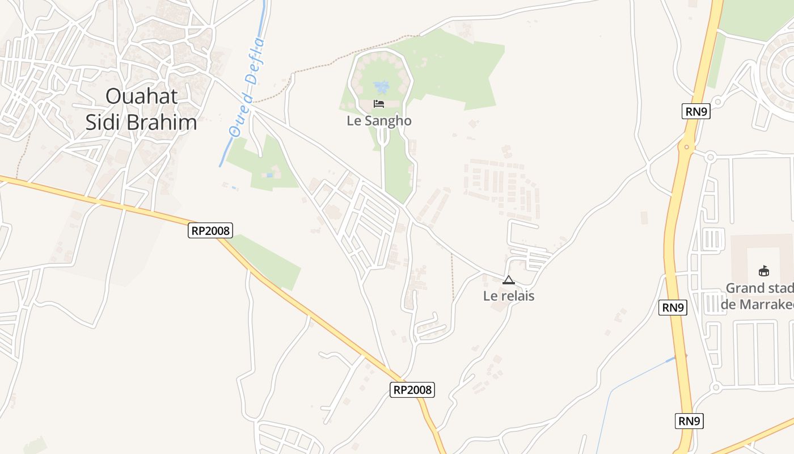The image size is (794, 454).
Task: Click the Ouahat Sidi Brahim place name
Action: point(141,109)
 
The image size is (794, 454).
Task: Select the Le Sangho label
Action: point(379,121)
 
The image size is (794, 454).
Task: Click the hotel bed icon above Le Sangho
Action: point(379,103)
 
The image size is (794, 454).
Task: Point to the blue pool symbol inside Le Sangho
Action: point(382,87)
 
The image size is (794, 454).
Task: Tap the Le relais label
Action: point(509,296)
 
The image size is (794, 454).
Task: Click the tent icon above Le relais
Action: point(509,280)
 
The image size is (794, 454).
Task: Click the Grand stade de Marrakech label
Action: point(759,296)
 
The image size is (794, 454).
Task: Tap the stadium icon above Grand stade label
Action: point(764,271)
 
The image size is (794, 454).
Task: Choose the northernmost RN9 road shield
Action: point(696,111)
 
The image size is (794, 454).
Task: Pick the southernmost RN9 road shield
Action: point(690,421)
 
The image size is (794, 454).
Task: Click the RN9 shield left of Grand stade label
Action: point(673,308)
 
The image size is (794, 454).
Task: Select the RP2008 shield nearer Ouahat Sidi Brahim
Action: point(210,230)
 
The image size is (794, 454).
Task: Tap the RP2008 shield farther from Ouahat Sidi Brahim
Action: point(412,390)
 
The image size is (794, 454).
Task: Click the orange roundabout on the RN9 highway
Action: point(687,147)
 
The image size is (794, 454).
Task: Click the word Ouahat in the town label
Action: point(141,96)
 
